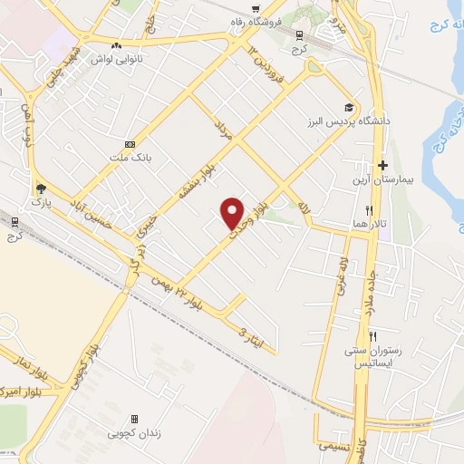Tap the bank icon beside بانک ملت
point(130,144)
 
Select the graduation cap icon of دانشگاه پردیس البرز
point(349,107)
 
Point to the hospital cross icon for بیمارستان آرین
point(383,166)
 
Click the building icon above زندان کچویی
point(135,419)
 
